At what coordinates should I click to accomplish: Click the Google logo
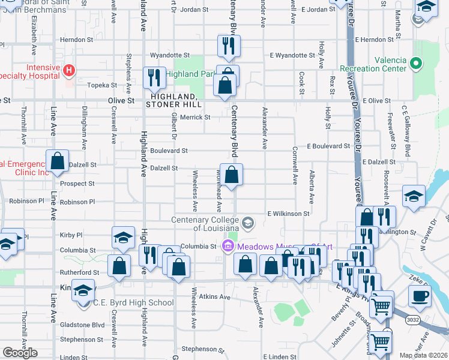click(x=20, y=353)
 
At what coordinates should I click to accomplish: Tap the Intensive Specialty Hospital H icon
click(x=69, y=71)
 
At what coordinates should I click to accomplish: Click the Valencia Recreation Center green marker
click(x=415, y=62)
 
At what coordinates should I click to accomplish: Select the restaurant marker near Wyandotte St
click(x=229, y=45)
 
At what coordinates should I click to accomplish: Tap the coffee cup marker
click(x=420, y=296)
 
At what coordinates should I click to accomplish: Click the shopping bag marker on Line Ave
click(x=57, y=161)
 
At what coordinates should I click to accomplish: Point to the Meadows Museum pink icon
click(x=228, y=246)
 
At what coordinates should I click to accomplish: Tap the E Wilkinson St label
click(x=288, y=213)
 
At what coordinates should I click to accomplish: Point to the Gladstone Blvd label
click(x=82, y=325)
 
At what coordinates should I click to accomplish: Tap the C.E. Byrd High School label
click(x=133, y=302)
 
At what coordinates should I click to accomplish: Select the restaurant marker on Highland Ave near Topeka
click(x=154, y=77)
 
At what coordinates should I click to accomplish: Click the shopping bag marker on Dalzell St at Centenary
click(x=231, y=175)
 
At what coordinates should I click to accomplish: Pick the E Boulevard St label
click(x=328, y=146)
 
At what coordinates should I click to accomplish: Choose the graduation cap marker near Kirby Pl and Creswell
click(x=123, y=238)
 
